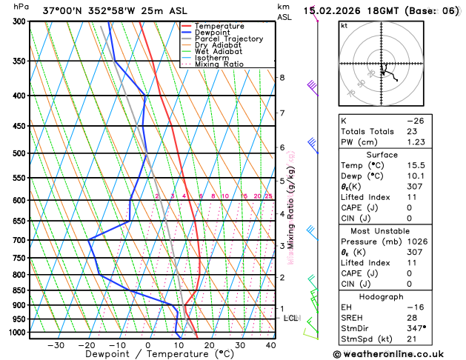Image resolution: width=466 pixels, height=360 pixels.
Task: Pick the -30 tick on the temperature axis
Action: click(56, 345)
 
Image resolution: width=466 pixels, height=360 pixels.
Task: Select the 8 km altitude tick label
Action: click(282, 78)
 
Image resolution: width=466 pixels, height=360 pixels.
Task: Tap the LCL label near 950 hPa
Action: click(290, 319)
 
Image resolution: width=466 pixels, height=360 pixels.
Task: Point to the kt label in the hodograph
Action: click(344, 25)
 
